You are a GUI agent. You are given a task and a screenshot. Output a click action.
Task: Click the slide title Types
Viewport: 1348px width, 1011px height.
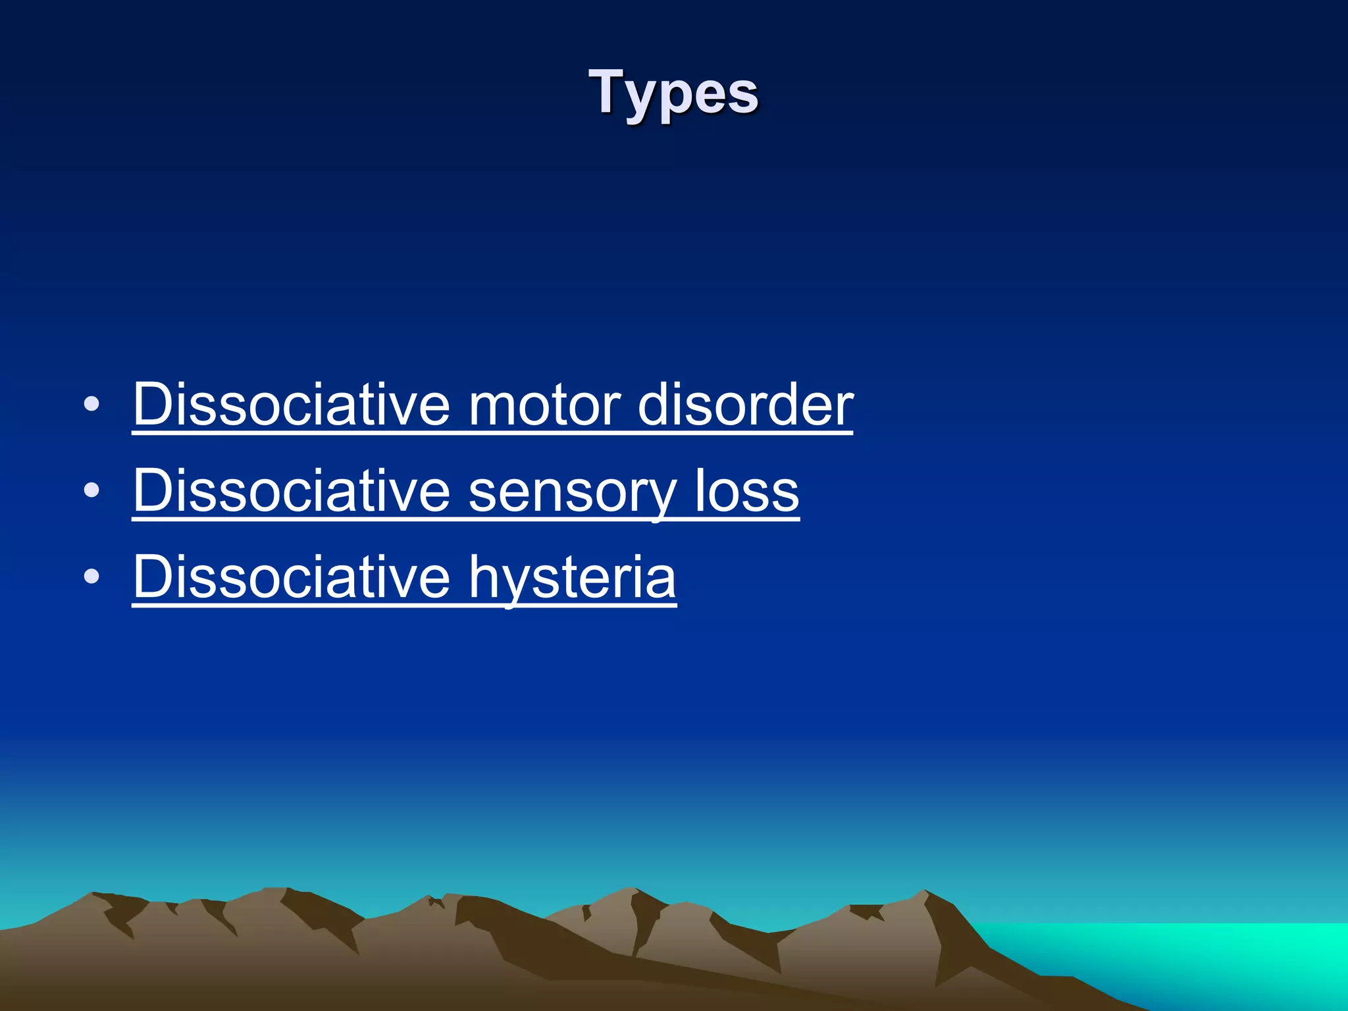tap(673, 93)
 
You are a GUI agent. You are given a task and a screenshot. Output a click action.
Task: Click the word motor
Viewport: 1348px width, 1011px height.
tap(544, 404)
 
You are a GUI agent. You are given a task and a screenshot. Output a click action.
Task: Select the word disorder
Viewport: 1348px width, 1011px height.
tap(745, 404)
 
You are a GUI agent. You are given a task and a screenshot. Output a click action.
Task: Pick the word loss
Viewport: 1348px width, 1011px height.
tap(747, 490)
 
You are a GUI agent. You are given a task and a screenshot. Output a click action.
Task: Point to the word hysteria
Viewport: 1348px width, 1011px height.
tap(572, 577)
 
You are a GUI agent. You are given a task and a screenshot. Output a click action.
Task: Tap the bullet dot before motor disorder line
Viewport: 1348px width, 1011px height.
tap(92, 404)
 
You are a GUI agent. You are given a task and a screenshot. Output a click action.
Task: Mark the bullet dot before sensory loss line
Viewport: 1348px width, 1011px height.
tap(92, 490)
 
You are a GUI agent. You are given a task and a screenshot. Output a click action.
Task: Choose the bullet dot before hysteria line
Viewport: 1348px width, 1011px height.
tap(92, 577)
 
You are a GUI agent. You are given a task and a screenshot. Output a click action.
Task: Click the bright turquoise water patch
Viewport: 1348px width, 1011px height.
tap(1185, 954)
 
